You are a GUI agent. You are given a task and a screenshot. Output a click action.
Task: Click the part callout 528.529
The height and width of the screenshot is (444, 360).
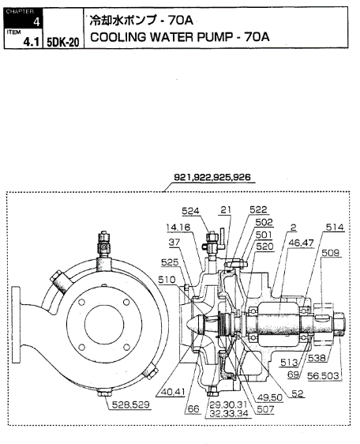[131, 404]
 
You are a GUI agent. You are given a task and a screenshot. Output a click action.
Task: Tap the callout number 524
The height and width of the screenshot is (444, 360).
[190, 211]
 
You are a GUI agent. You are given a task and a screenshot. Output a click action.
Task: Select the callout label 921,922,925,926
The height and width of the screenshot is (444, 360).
[212, 177]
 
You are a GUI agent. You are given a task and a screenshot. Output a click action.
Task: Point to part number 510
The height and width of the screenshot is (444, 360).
[167, 280]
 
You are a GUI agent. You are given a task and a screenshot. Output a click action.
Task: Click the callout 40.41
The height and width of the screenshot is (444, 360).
[173, 392]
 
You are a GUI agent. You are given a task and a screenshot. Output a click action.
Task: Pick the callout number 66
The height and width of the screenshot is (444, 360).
[193, 409]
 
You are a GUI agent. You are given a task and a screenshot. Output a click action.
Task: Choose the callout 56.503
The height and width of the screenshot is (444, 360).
[323, 376]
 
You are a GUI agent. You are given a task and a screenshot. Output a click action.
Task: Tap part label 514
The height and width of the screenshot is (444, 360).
[335, 227]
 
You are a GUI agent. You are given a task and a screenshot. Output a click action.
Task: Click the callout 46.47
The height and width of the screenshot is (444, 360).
[301, 243]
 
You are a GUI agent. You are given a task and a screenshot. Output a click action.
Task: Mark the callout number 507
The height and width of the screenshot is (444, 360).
[265, 409]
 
